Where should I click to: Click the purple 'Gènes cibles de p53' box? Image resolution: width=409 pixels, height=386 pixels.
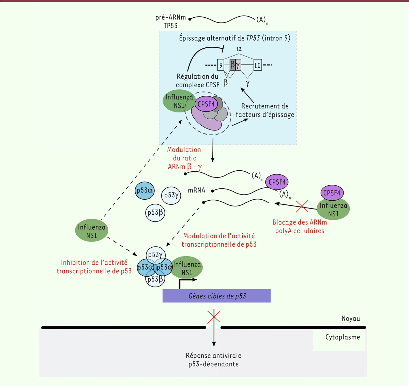point(216,296)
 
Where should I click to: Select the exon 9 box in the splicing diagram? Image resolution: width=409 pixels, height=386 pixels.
point(221,65)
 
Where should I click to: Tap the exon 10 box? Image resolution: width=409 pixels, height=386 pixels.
point(257,65)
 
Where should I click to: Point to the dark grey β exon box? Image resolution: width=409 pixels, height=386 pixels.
point(232,64)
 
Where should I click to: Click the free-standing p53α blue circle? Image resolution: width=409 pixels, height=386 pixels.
point(145,190)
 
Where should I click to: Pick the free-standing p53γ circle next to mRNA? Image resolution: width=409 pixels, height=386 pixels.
point(171,195)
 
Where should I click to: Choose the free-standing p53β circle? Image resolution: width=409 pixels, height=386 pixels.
point(155,213)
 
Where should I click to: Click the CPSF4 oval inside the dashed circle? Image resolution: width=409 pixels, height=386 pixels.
point(206,104)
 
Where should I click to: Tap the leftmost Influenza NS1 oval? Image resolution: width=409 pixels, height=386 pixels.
point(92,231)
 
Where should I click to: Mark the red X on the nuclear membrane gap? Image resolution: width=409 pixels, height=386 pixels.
point(214,316)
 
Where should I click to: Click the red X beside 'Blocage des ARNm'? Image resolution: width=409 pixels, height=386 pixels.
point(302,206)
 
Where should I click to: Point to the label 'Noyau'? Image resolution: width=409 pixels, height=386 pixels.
point(351,319)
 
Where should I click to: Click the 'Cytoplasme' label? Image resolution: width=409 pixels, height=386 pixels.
point(343,337)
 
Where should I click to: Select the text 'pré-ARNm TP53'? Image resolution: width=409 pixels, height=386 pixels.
point(171,21)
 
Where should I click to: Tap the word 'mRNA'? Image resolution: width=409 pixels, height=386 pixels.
point(197,190)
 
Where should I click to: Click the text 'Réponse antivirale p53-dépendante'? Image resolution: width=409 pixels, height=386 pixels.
point(213,360)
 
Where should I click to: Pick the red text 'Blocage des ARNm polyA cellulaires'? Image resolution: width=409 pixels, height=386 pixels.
point(300,227)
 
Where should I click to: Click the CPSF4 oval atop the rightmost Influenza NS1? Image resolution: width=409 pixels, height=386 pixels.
point(332,193)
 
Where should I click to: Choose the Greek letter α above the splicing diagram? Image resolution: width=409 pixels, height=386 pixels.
point(239,49)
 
